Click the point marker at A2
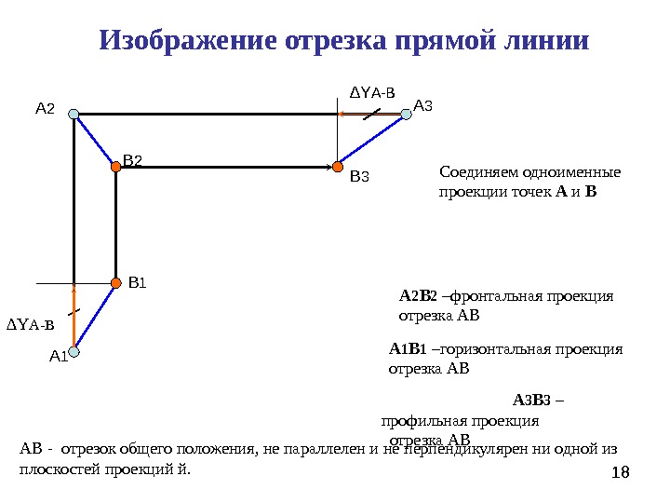pos(74,115)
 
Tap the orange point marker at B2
pos(116,168)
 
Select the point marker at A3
pos(406,115)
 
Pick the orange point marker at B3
pos(338,168)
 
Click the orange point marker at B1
pos(116,281)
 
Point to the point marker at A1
pos(74,352)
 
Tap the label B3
pos(359,174)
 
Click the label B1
pos(138,280)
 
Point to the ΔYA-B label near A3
pos(371,92)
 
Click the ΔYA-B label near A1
pos(31,325)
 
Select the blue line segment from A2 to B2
pos(95,142)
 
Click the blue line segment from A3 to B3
pos(372,141)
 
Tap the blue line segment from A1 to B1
pos(95,317)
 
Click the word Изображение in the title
pos(187,42)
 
